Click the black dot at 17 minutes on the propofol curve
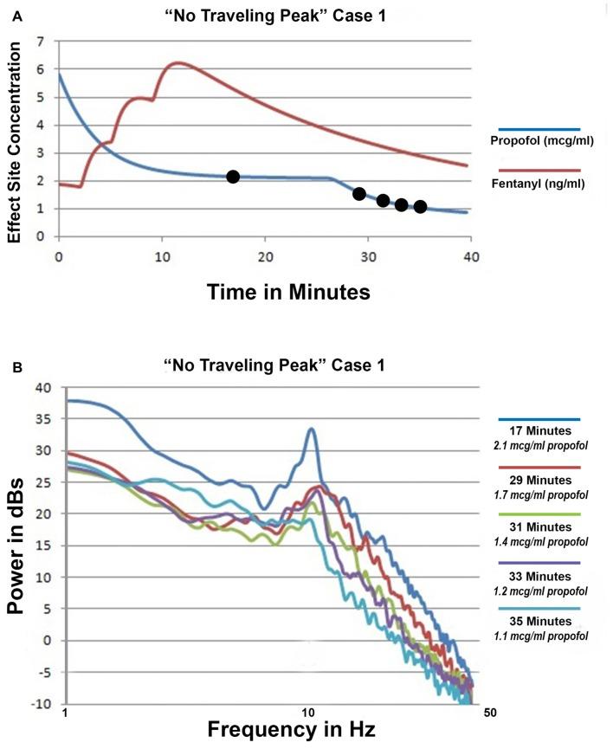(x=232, y=177)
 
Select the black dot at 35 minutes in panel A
(x=420, y=207)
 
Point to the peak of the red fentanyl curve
(x=177, y=62)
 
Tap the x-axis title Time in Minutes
(x=288, y=292)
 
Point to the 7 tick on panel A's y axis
(x=38, y=41)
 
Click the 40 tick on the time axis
(x=468, y=256)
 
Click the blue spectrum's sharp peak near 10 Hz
(x=311, y=429)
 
